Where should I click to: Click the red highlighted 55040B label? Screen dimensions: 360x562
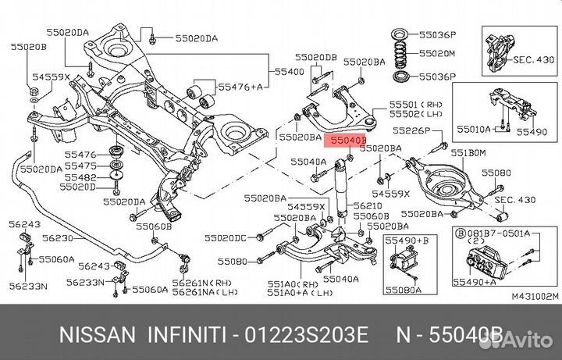coord(347,141)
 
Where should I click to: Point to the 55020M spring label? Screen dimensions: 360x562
coord(437,54)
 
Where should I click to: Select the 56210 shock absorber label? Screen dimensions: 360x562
coord(368,205)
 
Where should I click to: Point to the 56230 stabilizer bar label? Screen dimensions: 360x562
coord(58,237)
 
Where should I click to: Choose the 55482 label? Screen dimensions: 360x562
coord(81,176)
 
